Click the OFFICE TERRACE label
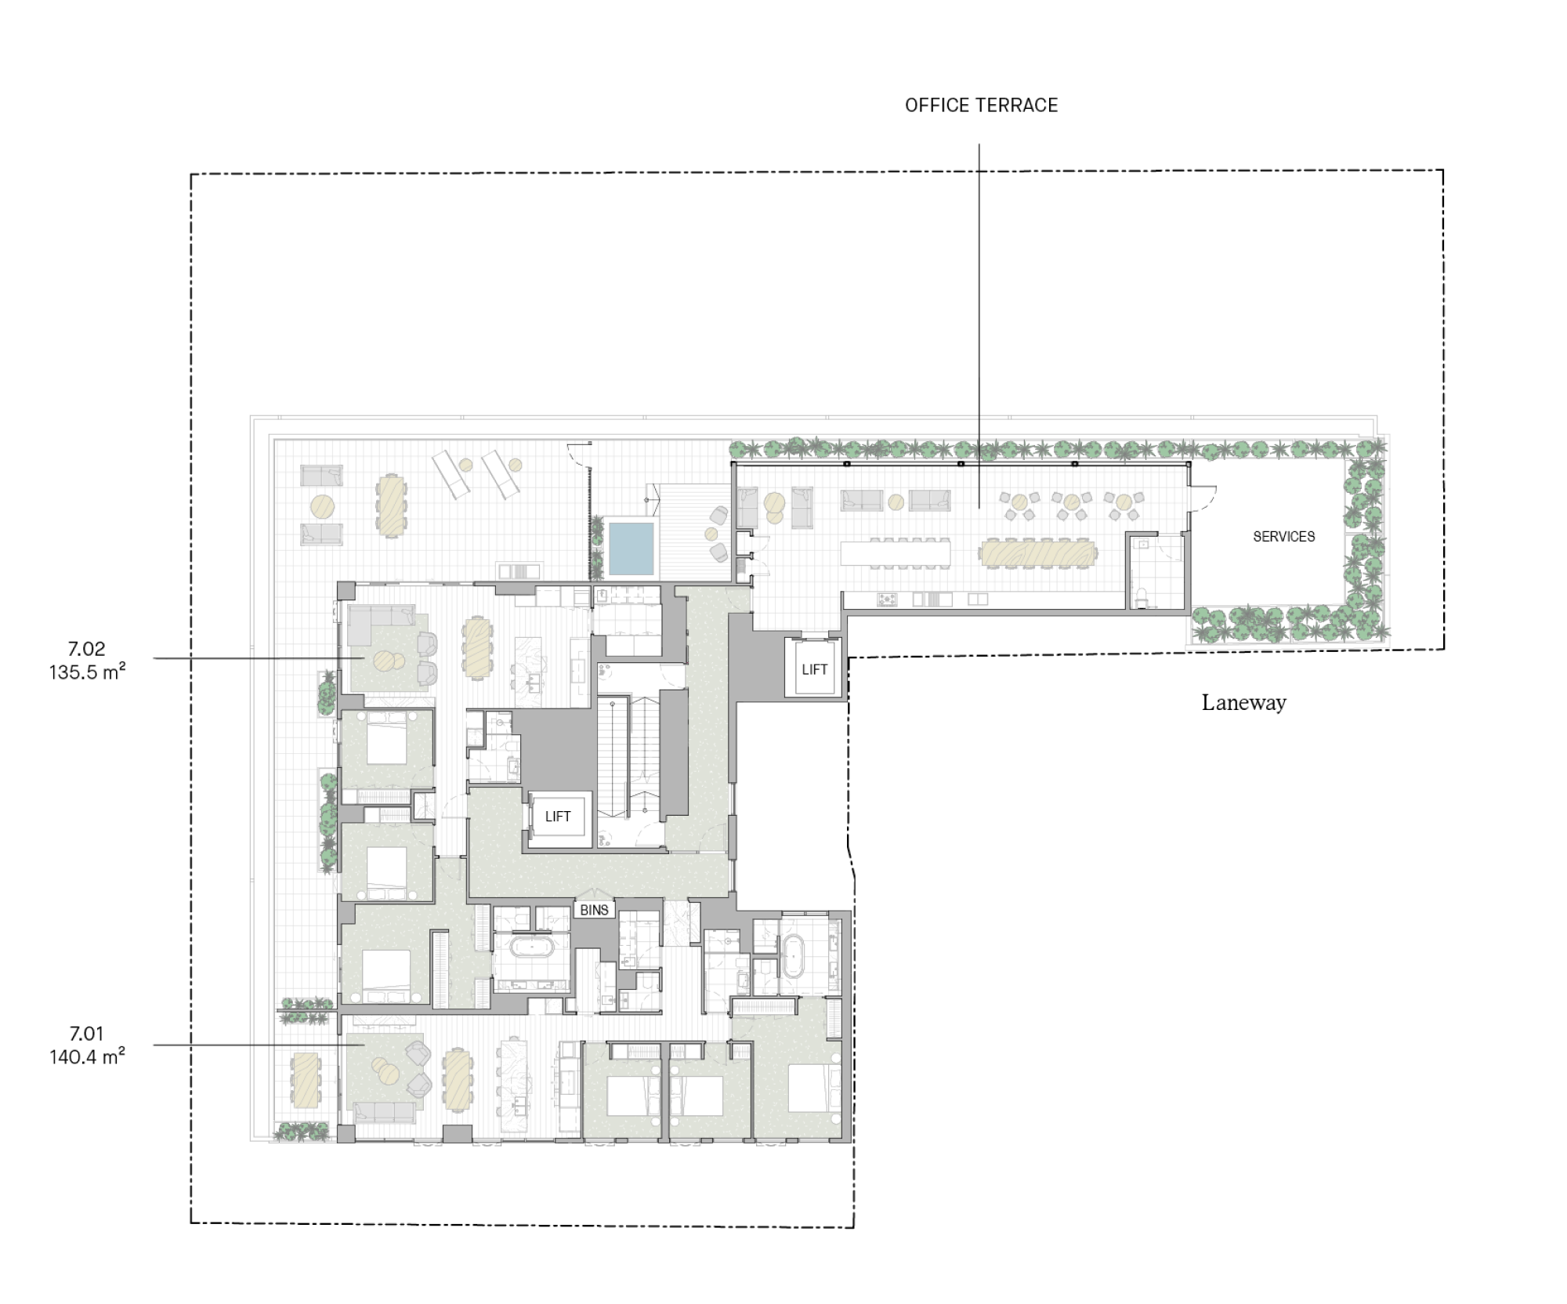pos(981,106)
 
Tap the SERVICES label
pos(1283,537)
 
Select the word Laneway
pos(1244,702)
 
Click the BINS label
pos(595,910)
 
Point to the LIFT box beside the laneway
pos(814,668)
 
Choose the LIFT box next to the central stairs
pos(558,817)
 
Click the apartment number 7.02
pos(86,649)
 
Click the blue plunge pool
pos(632,548)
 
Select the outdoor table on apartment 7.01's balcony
pos(305,1079)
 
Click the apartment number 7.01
pos(86,1034)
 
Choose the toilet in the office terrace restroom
pos(1141,596)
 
